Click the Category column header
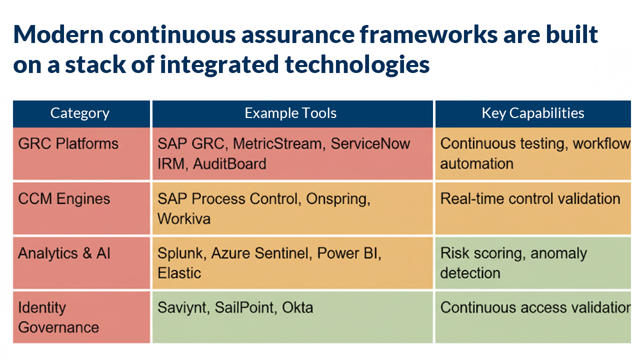point(80,113)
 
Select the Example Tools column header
point(290,113)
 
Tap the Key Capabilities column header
point(532,113)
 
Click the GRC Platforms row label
point(68,144)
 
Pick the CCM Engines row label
point(64,199)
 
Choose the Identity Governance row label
point(58,317)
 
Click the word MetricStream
point(276,144)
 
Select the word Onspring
point(337,199)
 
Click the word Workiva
point(184,218)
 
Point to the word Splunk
point(182,253)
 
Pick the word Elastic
point(179,273)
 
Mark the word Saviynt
point(183,307)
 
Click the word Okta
point(297,307)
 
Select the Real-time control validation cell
point(530,199)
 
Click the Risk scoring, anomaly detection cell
point(513,263)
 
